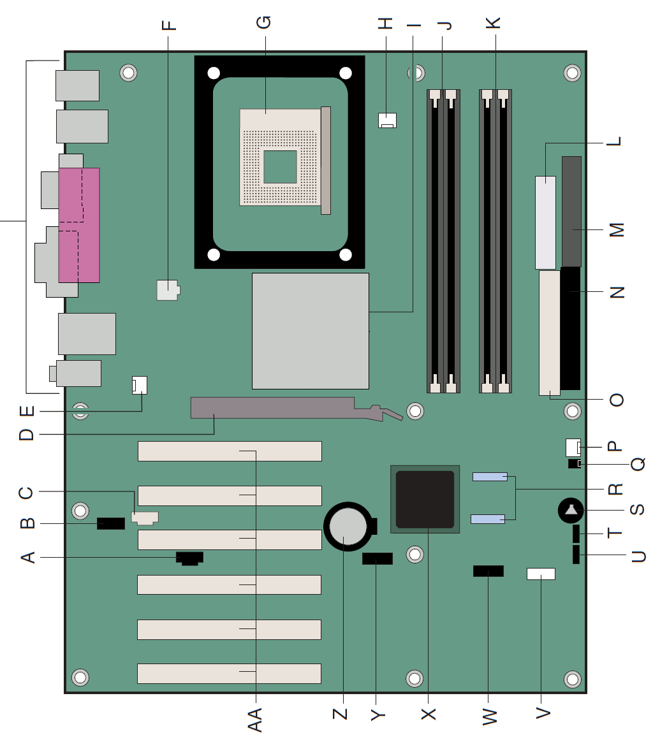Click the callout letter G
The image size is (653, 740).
[264, 22]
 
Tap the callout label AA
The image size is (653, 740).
[254, 719]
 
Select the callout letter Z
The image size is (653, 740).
[340, 714]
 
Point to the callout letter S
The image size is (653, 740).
[638, 510]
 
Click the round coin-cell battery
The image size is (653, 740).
[348, 526]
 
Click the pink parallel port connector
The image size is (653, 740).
[79, 225]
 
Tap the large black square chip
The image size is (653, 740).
[425, 499]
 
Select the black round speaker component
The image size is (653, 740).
[571, 510]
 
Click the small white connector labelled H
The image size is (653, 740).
[387, 120]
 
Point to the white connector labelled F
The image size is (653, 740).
[168, 290]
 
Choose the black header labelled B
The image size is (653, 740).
[111, 523]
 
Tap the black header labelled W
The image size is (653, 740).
[488, 571]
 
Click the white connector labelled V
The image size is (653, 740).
[541, 574]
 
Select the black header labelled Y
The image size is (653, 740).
[378, 559]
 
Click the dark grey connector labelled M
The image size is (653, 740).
[571, 212]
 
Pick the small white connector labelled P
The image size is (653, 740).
[573, 447]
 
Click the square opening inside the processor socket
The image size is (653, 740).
[280, 167]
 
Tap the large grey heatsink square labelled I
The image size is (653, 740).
[310, 331]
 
